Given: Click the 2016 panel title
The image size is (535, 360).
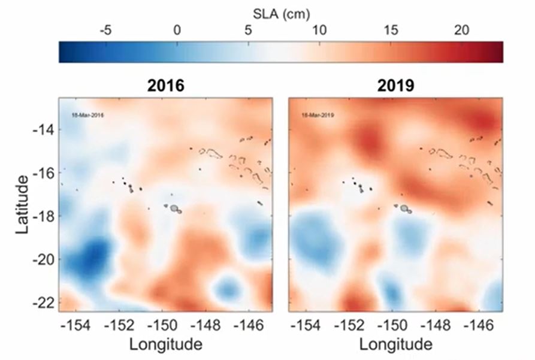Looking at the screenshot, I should (x=166, y=86).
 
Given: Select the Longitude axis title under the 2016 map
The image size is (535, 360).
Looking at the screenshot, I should (x=166, y=345).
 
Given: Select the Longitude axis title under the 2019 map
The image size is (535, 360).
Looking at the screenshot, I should (x=395, y=345).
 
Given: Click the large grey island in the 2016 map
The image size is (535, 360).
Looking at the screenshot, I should (x=174, y=208).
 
